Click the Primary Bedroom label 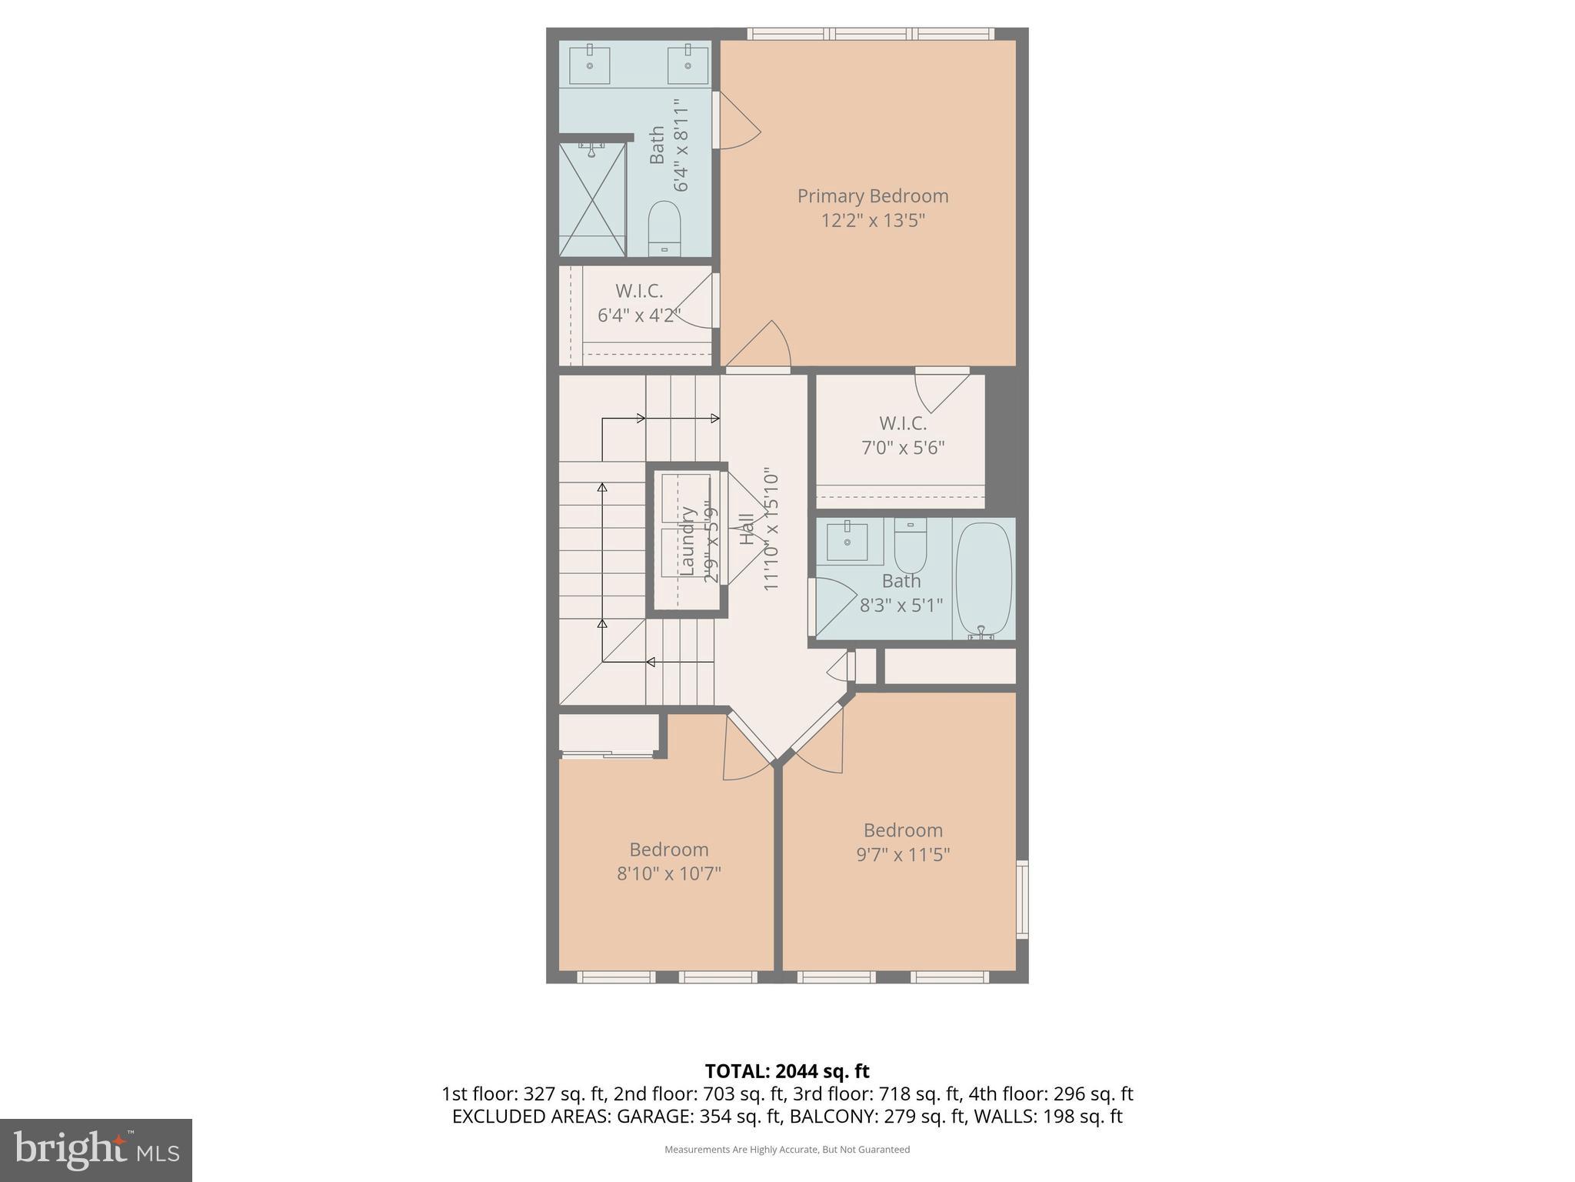(x=872, y=196)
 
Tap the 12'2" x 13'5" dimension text (x=872, y=221)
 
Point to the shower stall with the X (x=592, y=199)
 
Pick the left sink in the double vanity (x=590, y=65)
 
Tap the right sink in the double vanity (x=688, y=65)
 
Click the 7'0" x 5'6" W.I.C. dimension (x=902, y=448)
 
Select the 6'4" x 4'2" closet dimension (x=638, y=316)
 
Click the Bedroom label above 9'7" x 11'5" (x=903, y=830)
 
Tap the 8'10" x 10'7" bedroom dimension (x=668, y=874)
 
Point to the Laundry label (x=688, y=540)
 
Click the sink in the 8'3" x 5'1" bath (x=847, y=541)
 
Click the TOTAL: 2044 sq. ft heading (x=787, y=1071)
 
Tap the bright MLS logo (x=96, y=1150)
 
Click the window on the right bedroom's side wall (x=1022, y=899)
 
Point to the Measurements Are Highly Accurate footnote (x=787, y=1150)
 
